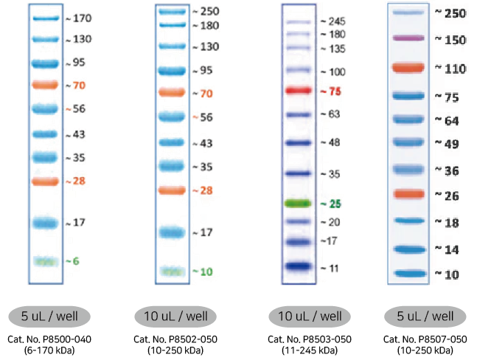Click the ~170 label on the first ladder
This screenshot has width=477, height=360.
(x=79, y=18)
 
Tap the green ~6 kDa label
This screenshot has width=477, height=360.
(x=72, y=261)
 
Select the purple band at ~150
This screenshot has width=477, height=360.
(x=408, y=38)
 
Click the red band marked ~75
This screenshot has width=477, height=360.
(x=299, y=91)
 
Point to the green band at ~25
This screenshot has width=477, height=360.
(x=298, y=204)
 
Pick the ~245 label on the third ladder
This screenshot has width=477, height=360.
(x=333, y=21)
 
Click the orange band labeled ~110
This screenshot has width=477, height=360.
(x=408, y=68)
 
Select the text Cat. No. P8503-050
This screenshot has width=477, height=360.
(x=310, y=339)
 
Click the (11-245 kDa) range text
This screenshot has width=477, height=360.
(x=310, y=350)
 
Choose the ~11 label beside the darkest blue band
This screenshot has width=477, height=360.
(x=330, y=269)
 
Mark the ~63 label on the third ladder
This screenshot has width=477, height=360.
(x=330, y=114)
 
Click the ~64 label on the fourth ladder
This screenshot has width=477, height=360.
(x=447, y=121)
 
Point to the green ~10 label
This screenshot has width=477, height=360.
(x=203, y=271)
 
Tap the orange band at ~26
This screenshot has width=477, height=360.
(x=409, y=194)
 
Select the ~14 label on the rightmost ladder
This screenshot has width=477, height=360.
(x=447, y=249)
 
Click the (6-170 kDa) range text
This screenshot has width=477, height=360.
(x=49, y=350)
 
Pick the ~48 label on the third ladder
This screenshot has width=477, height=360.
(x=330, y=142)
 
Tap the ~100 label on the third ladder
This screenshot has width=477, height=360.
(x=333, y=72)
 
